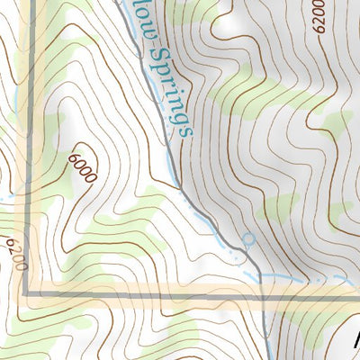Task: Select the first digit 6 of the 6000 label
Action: click(71, 158)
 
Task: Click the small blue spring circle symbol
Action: click(249, 239)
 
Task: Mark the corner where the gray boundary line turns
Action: click(26, 293)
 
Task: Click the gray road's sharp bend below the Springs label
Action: click(181, 187)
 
